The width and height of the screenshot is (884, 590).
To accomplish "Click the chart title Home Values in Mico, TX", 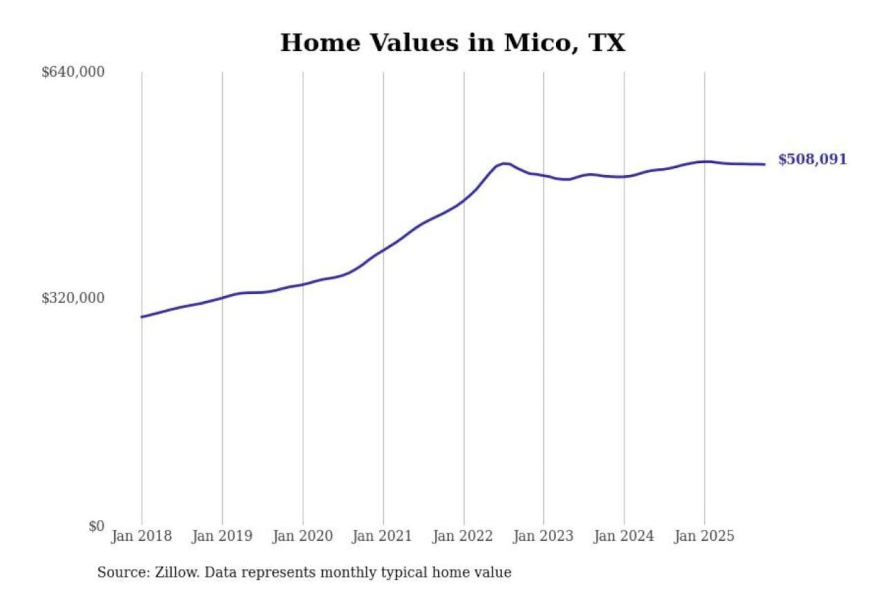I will (x=452, y=43).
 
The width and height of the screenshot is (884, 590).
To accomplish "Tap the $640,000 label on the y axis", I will (x=73, y=72).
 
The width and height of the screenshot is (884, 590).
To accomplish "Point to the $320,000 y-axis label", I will (x=73, y=298).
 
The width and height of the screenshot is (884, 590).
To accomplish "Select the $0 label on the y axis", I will (x=96, y=526).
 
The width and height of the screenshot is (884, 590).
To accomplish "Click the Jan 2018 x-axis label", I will (x=141, y=536).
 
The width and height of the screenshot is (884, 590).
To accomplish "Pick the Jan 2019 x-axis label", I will (x=222, y=536).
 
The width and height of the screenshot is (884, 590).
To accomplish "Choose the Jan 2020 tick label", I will (x=302, y=536).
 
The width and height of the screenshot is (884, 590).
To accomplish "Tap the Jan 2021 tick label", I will (x=382, y=536).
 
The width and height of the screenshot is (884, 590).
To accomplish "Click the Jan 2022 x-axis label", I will (x=462, y=536).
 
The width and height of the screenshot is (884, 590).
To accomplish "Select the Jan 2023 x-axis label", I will (x=543, y=536).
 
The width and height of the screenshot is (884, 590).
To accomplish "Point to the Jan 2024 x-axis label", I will (x=624, y=536).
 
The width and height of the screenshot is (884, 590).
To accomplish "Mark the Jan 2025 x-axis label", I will (x=704, y=536).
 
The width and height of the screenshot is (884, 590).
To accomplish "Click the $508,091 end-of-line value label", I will (x=812, y=160).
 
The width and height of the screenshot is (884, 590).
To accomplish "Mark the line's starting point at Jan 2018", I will (x=142, y=317).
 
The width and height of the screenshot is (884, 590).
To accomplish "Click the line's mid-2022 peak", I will (x=504, y=163).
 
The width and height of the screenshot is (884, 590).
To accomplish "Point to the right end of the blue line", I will (x=764, y=164).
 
